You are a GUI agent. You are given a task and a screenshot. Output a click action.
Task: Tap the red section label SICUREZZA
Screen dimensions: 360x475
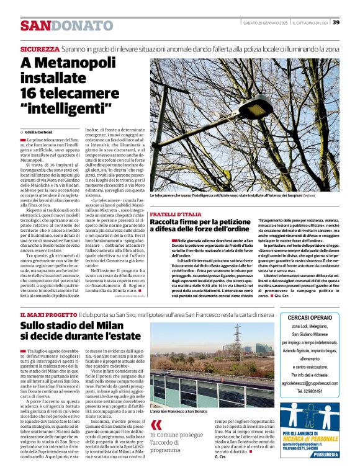click(x=39, y=48)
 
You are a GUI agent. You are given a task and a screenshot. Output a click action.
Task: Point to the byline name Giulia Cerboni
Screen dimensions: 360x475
click(x=38, y=132)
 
